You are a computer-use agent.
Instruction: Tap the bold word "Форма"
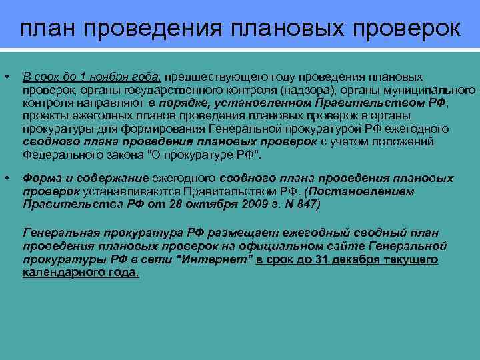[42, 178]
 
